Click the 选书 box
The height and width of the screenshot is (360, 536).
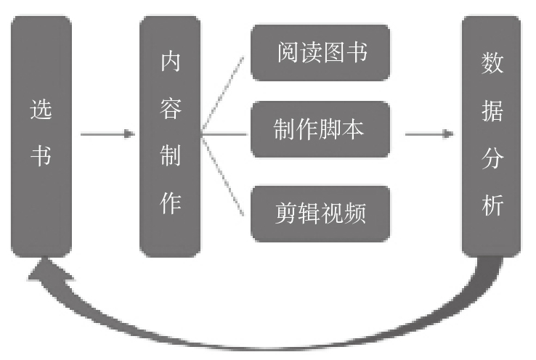coord(41,136)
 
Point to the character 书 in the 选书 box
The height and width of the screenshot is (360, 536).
coord(41,157)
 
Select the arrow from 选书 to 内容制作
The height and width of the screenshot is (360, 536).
coord(107,134)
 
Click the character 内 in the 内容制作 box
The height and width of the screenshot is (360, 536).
coord(170,62)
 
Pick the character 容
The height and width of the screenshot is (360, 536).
coord(170,110)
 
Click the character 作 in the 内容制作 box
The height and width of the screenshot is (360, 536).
coord(170,204)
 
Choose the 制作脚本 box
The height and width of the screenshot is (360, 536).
coord(320,130)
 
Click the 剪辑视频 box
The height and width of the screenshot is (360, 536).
coord(320,213)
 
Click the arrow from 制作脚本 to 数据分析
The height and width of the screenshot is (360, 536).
coord(429,134)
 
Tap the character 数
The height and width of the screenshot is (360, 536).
coord(492,62)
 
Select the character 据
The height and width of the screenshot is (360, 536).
coord(492,110)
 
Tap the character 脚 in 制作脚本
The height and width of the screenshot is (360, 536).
coord(334,130)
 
